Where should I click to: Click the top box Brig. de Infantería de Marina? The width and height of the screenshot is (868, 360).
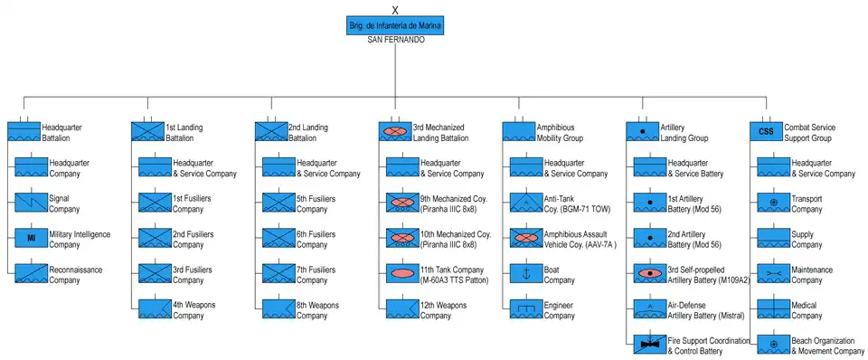tap(395, 25)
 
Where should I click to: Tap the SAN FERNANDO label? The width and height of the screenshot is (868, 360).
tap(396, 41)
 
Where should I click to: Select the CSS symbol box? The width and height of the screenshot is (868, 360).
tap(766, 132)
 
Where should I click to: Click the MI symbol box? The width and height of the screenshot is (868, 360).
tap(31, 238)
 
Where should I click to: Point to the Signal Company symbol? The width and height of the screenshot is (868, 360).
tap(31, 203)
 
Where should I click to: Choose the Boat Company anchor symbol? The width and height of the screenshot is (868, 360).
tap(526, 273)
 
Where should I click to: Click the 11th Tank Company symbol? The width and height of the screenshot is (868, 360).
tap(402, 273)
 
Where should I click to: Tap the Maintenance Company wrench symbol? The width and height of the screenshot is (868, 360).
tap(774, 273)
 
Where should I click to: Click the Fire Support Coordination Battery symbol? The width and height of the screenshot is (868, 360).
tap(650, 345)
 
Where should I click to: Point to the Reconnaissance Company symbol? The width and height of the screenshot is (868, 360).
tap(31, 273)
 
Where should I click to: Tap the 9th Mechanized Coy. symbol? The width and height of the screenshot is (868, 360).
tap(402, 203)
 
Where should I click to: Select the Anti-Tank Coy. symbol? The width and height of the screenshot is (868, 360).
tap(526, 203)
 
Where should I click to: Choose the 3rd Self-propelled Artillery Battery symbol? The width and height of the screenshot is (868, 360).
tap(650, 273)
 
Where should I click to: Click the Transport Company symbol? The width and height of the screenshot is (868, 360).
tap(774, 203)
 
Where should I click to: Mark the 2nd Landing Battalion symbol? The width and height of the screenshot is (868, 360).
tap(271, 132)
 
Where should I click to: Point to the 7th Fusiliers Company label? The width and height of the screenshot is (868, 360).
tap(316, 275)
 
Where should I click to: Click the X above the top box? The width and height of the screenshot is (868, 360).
tap(395, 10)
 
